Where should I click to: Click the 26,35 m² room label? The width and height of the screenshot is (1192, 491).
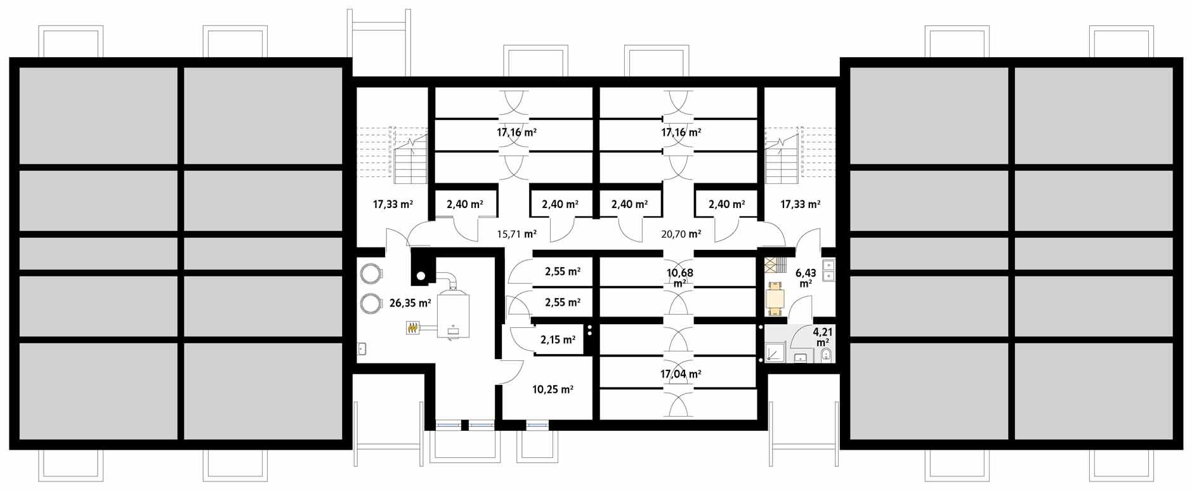tap(410, 303)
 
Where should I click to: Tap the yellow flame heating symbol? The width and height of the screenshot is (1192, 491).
tap(413, 328)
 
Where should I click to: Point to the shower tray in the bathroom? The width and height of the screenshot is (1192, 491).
tap(775, 353)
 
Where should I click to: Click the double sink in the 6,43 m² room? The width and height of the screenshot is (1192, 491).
tap(828, 269)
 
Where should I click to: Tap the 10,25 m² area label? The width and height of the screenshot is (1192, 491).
tap(553, 390)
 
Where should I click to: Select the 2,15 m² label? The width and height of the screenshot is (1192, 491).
tap(558, 340)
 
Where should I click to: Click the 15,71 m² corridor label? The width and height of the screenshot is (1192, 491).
tap(516, 233)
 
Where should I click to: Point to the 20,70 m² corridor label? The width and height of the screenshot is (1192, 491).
tap(681, 233)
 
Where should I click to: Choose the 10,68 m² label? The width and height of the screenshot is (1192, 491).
tap(679, 277)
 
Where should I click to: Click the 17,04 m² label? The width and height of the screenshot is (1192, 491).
tap(680, 374)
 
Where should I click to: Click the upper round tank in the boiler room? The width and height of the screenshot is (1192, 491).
tap(370, 273)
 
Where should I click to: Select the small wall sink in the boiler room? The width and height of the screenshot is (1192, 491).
tap(362, 348)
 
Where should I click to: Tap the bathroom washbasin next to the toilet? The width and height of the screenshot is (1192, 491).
tap(801, 359)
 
